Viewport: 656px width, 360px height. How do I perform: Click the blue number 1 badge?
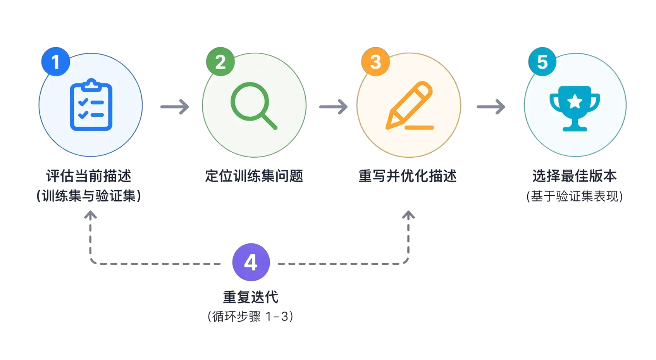(x=55, y=62)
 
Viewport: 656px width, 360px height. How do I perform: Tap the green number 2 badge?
(x=220, y=62)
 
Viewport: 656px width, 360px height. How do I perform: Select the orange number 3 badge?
(x=375, y=62)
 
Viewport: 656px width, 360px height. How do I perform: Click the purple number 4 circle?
(x=251, y=262)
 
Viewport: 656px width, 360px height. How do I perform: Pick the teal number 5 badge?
(x=542, y=62)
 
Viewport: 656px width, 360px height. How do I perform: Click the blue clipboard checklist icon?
(x=91, y=105)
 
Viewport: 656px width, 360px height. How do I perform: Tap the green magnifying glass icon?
(x=254, y=105)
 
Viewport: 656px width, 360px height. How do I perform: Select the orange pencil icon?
(x=409, y=105)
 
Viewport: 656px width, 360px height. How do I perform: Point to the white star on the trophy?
(x=575, y=102)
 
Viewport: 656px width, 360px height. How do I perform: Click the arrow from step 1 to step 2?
(x=174, y=107)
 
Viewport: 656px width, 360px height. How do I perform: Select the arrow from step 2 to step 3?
(x=333, y=107)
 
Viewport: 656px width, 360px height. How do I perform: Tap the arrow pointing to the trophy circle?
(x=491, y=107)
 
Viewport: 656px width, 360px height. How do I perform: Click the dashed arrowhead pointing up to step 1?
(x=91, y=215)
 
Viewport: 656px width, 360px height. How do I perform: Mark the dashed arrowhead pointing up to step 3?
(x=408, y=215)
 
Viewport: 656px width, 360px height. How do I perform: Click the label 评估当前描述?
(x=89, y=176)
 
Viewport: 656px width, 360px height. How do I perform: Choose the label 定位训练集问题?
(x=254, y=176)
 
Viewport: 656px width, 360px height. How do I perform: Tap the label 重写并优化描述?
(x=408, y=176)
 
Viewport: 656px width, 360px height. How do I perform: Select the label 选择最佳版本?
(x=575, y=176)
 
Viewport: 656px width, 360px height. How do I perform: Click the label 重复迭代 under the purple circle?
(x=251, y=297)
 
